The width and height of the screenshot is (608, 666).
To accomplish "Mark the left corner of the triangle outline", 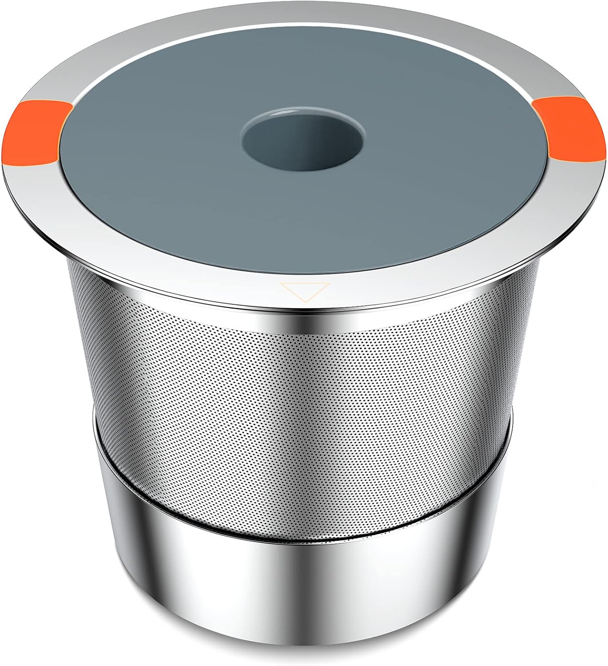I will click(281, 284).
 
